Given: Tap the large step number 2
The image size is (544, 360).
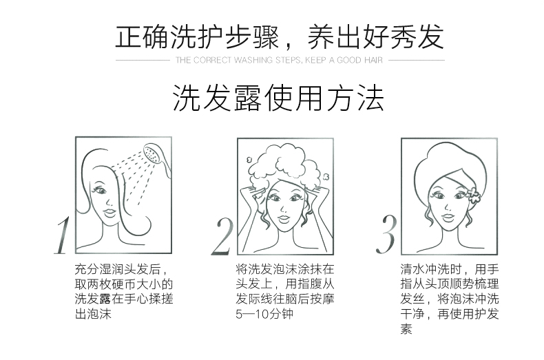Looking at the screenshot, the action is pos(222,237).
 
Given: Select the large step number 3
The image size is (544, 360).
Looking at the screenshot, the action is pos(386,234).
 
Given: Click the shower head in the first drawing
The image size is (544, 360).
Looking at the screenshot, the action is pos(157,159).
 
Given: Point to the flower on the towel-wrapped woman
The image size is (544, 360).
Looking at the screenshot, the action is pos(472,194).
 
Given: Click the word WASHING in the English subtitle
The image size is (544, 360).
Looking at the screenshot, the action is pos(253,61).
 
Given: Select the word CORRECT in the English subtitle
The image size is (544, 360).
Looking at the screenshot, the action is pos(211,61).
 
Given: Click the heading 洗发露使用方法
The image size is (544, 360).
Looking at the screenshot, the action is pos(278,98).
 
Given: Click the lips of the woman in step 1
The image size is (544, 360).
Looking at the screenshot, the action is pos(109,211).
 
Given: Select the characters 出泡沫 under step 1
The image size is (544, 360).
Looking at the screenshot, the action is pos(93,314).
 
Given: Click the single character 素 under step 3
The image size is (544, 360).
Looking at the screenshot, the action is pos(406,329).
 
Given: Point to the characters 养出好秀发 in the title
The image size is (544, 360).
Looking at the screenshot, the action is pos(375,36).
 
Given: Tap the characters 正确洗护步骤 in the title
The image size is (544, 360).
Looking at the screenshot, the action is pos(197,36).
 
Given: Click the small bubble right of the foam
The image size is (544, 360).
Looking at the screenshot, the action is pos(326,176).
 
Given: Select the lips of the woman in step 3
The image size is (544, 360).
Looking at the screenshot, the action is pos(448,218).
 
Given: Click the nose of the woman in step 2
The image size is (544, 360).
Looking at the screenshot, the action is pos(284,208).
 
